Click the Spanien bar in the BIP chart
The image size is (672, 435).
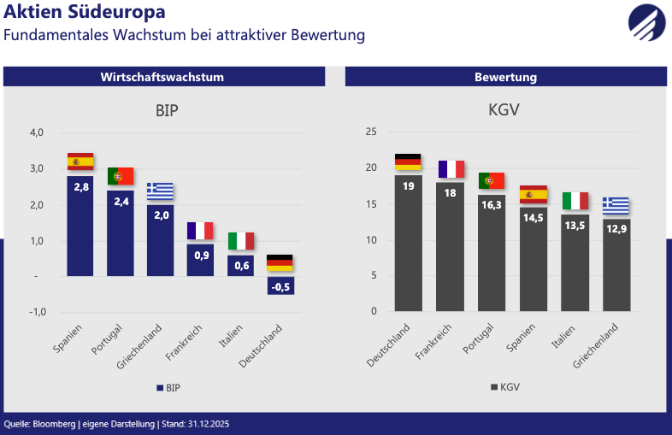click(x=80, y=226)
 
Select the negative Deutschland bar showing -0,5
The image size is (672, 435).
click(x=280, y=285)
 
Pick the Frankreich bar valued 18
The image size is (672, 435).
click(x=451, y=248)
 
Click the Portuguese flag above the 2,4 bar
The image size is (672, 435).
click(x=121, y=176)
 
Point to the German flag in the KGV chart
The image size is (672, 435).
click(x=408, y=162)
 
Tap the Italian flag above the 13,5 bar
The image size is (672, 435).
click(x=575, y=201)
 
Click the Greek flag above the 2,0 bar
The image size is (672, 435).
click(x=160, y=191)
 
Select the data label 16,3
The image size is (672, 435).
click(x=492, y=205)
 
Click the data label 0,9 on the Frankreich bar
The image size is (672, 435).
click(x=200, y=255)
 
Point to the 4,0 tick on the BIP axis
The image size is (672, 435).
click(x=37, y=132)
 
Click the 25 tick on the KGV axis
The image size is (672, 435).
click(x=371, y=132)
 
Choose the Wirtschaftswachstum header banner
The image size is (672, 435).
click(x=162, y=77)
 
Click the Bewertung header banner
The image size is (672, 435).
click(x=505, y=77)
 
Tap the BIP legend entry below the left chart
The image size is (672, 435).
click(x=168, y=387)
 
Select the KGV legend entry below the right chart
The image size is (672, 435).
click(x=504, y=387)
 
